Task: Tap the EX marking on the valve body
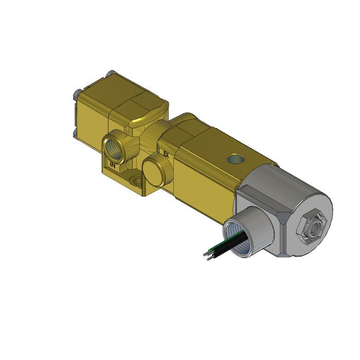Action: [166, 154]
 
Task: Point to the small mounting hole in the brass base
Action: [136, 182]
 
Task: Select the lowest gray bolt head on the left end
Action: [75, 135]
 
